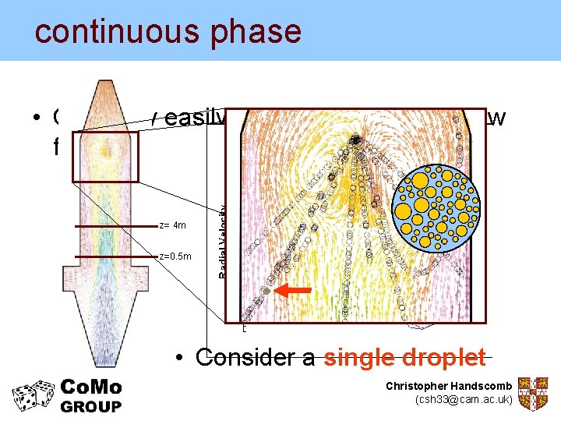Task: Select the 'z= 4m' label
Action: click(x=172, y=225)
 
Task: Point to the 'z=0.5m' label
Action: click(x=172, y=256)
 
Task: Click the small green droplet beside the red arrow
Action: click(x=266, y=291)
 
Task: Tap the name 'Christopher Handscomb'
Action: click(x=449, y=387)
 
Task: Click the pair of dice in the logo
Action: click(x=30, y=395)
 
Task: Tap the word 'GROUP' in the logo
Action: click(x=91, y=406)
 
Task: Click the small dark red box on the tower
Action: click(x=104, y=157)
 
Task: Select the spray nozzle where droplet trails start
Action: click(x=355, y=140)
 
